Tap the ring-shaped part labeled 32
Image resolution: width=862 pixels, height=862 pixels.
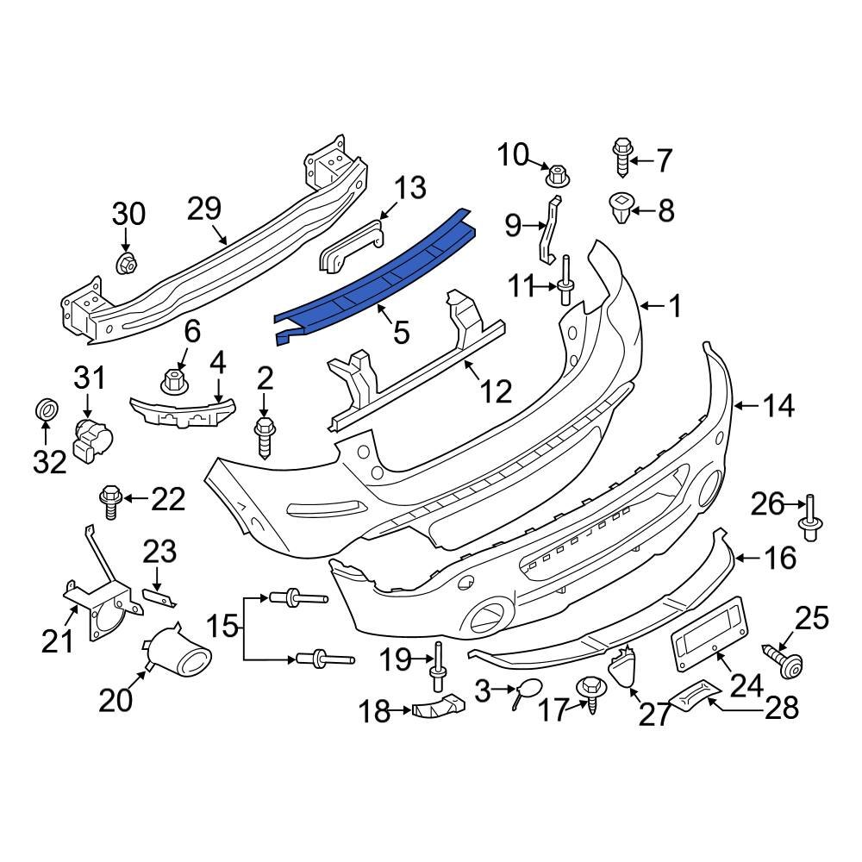tap(45, 411)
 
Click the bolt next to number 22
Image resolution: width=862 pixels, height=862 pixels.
tap(110, 502)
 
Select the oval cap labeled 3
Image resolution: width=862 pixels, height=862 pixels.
tap(528, 690)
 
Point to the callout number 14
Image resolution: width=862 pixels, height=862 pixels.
tap(778, 405)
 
